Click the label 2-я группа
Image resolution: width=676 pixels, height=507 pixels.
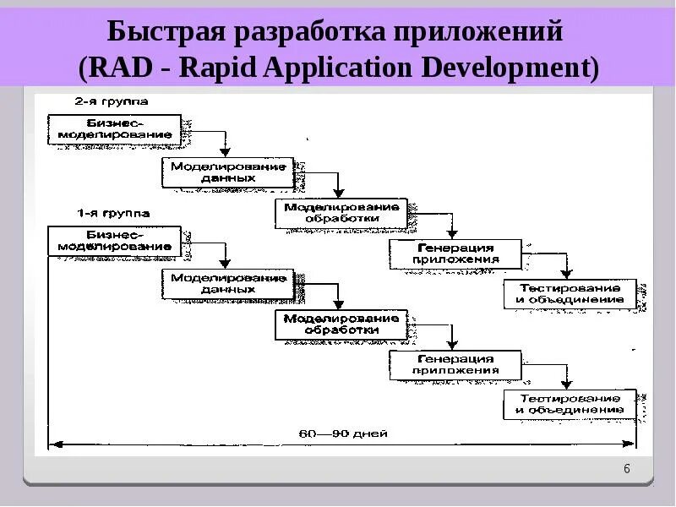pyautogui.click(x=111, y=101)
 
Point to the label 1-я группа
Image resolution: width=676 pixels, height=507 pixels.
pyautogui.click(x=111, y=213)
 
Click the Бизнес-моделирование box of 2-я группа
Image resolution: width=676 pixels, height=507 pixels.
pyautogui.click(x=115, y=128)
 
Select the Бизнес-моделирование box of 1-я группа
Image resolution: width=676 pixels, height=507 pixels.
pyautogui.click(x=115, y=241)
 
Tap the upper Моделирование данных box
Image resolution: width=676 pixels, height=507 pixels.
pyautogui.click(x=228, y=172)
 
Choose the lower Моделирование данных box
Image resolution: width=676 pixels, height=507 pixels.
pyautogui.click(x=228, y=283)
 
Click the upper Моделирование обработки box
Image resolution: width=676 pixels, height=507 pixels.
pyautogui.click(x=341, y=212)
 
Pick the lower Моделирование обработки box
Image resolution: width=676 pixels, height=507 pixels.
pyautogui.click(x=341, y=324)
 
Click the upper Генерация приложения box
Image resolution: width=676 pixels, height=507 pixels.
pyautogui.click(x=455, y=253)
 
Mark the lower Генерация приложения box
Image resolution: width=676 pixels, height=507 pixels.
pyautogui.click(x=455, y=364)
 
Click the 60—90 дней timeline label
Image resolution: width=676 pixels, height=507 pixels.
pyautogui.click(x=342, y=433)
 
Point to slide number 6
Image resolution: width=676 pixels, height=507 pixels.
pyautogui.click(x=626, y=470)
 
